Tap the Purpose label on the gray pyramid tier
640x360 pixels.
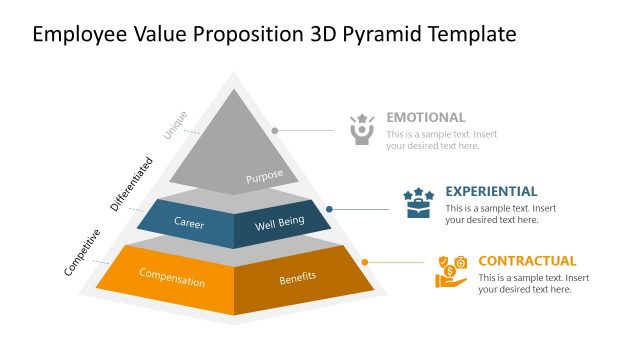pos(265,177)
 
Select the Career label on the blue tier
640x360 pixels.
pos(189,222)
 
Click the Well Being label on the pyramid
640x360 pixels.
pos(278,222)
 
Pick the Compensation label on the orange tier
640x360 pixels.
pos(172,277)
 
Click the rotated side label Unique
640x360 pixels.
pos(176,124)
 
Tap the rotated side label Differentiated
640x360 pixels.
pos(132,183)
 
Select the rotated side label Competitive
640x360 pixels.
pos(82,252)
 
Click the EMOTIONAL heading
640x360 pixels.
pos(426,117)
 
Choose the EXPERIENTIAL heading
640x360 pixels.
pos(491,191)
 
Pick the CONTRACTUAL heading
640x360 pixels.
pos(527,261)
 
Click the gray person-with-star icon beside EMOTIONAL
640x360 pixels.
pos(362,129)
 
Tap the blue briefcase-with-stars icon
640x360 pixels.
pos(417,203)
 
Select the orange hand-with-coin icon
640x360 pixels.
pos(451,272)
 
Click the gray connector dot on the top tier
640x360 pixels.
pos(275,130)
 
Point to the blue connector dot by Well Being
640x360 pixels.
pos(330,209)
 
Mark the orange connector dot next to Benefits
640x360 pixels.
pos(365,262)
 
